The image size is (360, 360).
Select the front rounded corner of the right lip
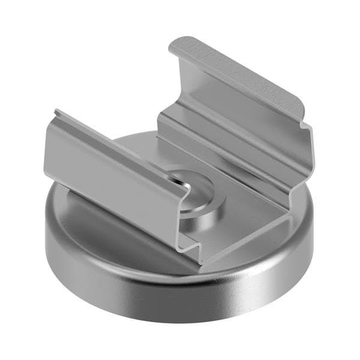pos(303,120)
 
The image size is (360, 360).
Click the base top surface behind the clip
pos(135,144)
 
